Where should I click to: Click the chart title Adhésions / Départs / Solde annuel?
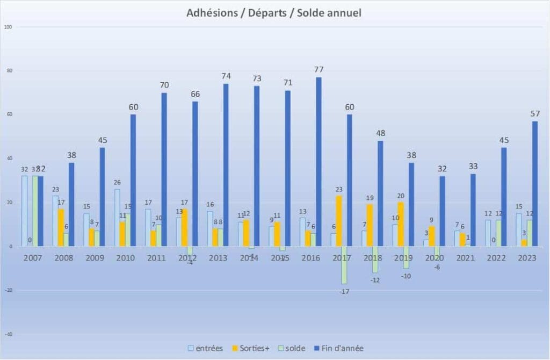(274, 12)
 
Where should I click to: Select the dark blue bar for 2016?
(319, 161)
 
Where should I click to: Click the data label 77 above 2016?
(319, 69)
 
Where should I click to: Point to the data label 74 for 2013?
(226, 76)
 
